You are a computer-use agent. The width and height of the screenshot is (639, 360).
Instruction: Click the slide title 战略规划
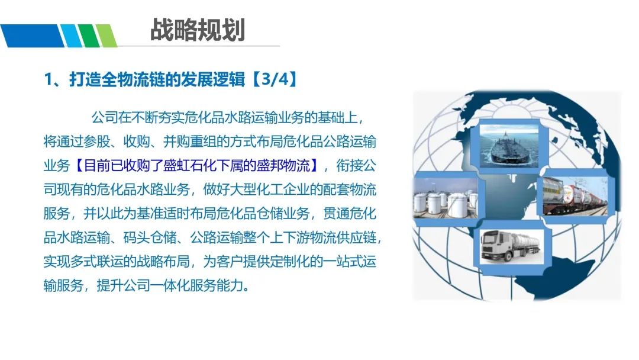198,30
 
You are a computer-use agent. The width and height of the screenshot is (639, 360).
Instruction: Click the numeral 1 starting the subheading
48,79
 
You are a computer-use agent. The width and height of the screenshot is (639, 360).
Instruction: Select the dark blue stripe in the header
32,36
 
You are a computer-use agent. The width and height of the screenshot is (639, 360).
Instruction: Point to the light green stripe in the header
106,36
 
